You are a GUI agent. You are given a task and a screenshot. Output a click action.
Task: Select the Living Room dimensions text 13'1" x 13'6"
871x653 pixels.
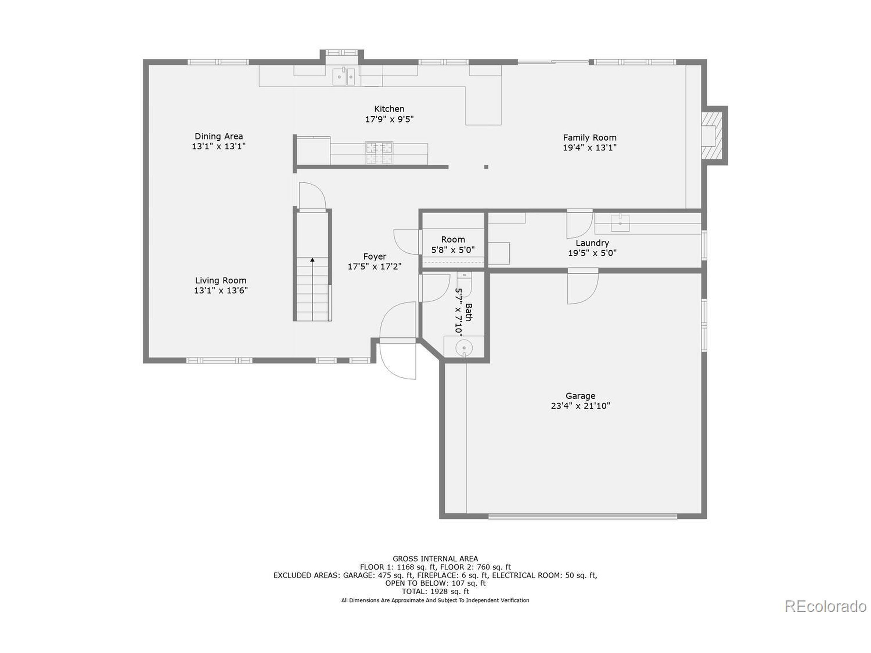coord(220,291)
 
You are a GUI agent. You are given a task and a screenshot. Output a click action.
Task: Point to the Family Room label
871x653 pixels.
coord(590,138)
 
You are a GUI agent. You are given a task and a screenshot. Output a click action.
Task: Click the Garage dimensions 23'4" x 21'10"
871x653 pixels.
coord(580,406)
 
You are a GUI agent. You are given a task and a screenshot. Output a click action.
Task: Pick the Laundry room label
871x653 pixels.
coord(592,243)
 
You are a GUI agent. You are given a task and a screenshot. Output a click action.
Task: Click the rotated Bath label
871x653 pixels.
coord(469,312)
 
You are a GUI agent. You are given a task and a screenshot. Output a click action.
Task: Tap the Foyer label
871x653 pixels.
coord(375,257)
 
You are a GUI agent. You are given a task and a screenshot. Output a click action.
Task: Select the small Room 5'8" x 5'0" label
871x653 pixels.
coord(453,240)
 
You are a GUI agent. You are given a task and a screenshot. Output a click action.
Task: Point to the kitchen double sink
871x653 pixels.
coord(344,77)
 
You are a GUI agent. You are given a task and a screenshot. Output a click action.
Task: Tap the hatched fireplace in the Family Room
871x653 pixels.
coord(712,135)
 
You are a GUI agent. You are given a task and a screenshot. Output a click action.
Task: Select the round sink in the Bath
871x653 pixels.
coord(464,348)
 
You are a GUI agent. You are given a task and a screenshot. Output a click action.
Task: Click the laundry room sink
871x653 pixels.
coord(620,223)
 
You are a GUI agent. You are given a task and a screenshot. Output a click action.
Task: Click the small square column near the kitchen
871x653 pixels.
coord(486,167)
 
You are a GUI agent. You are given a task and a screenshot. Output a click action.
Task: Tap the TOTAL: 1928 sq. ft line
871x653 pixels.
coord(435,591)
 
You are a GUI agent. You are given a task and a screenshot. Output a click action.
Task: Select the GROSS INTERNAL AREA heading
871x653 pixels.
coord(435,558)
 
